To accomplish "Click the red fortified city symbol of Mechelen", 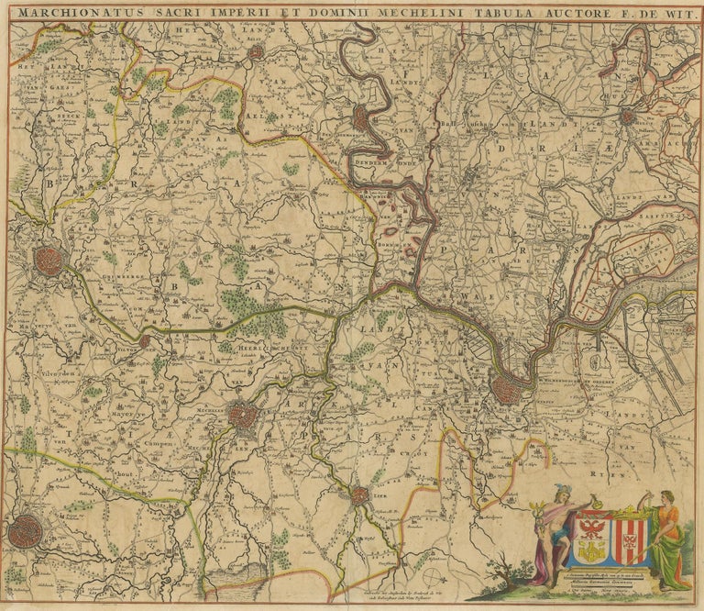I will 243,417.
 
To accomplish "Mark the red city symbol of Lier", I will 359,495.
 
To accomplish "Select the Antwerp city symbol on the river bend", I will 507,390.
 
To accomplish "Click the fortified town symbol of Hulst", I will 627,117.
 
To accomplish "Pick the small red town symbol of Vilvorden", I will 144,341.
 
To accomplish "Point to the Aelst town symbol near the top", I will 256,52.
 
